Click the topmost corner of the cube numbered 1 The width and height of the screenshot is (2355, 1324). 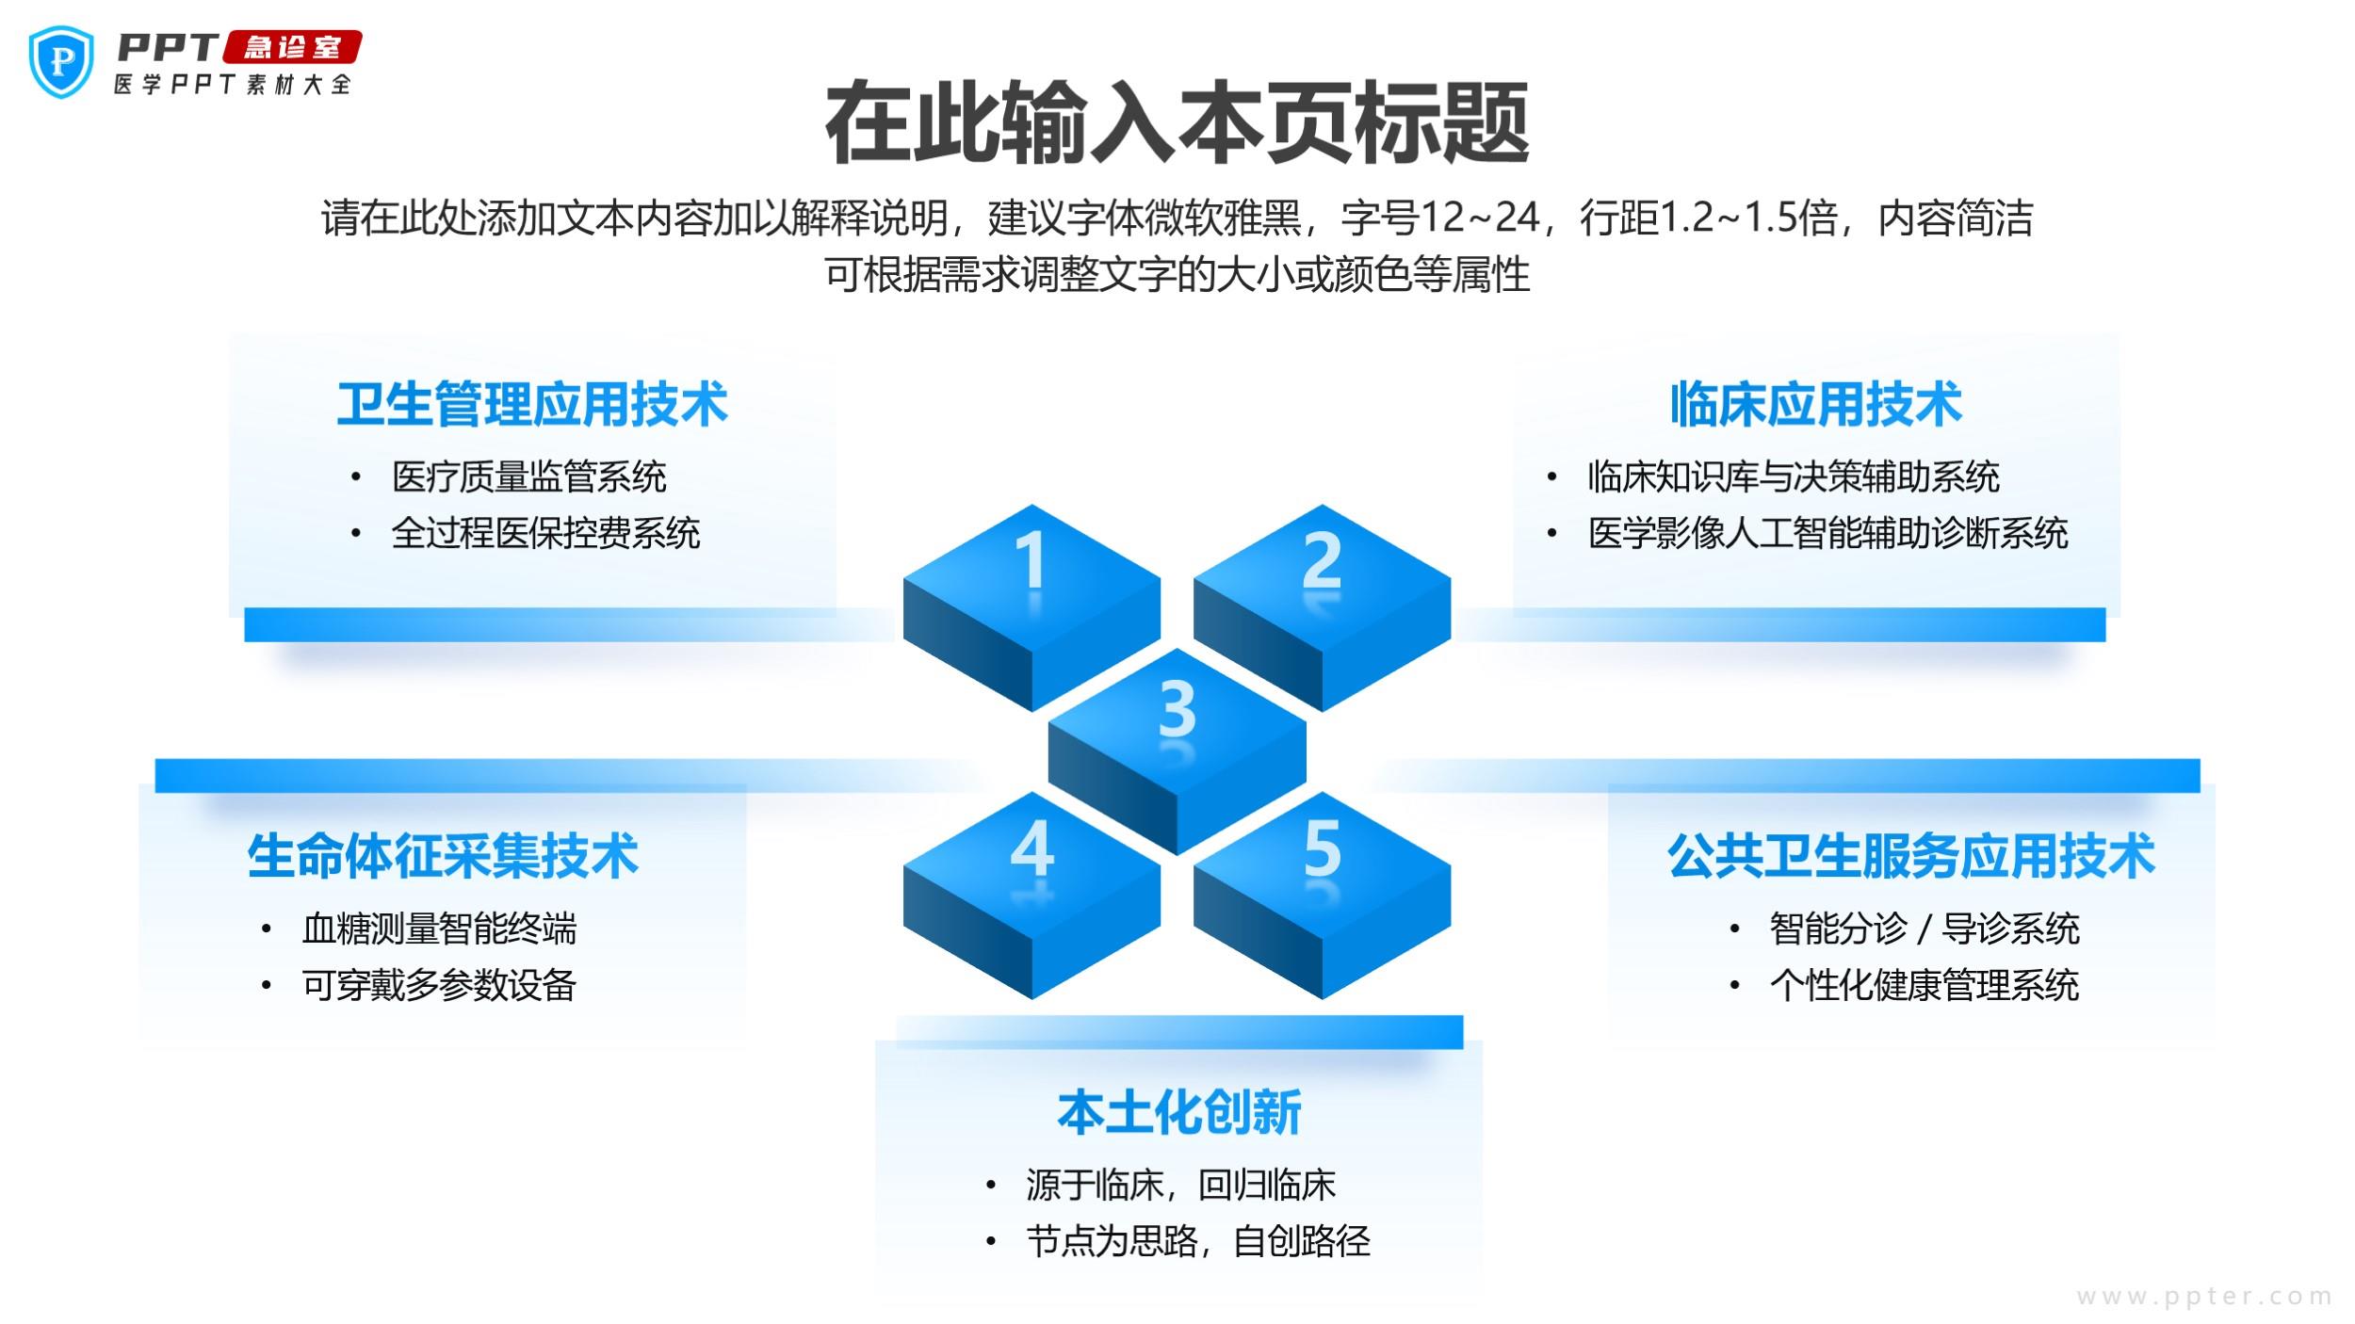tap(1032, 505)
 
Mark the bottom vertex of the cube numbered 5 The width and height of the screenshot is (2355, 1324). tap(1323, 999)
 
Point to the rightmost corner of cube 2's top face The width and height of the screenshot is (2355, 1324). tap(1451, 578)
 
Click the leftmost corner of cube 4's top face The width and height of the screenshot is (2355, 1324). tap(903, 865)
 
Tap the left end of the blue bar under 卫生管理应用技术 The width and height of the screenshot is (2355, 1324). tap(246, 625)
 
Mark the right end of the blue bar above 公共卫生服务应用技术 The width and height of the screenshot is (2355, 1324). tap(2199, 776)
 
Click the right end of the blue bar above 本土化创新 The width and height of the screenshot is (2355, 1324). tap(1462, 1032)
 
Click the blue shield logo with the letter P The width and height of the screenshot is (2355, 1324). tap(62, 62)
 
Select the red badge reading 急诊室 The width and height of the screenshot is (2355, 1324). tap(292, 47)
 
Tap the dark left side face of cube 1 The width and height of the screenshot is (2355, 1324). tap(967, 645)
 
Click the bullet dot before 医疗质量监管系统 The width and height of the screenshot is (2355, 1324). tap(355, 477)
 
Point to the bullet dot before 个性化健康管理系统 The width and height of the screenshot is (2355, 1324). tap(1734, 986)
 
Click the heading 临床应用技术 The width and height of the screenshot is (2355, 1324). tap(1815, 405)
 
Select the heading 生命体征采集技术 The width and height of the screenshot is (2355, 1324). tap(443, 856)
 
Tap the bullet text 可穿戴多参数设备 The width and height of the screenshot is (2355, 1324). tap(439, 986)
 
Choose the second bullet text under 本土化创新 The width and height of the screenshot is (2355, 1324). tap(1198, 1242)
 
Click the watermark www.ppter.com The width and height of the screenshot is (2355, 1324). tap(2204, 1297)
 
